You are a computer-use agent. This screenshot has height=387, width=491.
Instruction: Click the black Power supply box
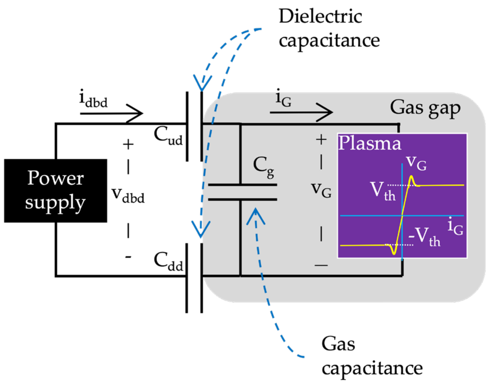(55, 190)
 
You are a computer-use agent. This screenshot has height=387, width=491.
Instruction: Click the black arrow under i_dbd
(112, 113)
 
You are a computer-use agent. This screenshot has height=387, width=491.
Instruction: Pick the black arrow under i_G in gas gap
(301, 112)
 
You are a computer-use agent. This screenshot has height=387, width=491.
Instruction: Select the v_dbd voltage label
(128, 195)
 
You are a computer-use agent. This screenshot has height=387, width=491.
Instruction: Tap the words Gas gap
(425, 108)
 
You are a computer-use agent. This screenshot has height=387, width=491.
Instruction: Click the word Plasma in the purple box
(369, 144)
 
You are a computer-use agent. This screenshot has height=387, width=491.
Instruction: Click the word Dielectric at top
(320, 16)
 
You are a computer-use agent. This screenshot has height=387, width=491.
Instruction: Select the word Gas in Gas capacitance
(338, 344)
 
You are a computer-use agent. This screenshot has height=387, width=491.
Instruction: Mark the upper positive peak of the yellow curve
(411, 176)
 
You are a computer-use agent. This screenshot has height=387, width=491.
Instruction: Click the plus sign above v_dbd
(128, 145)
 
